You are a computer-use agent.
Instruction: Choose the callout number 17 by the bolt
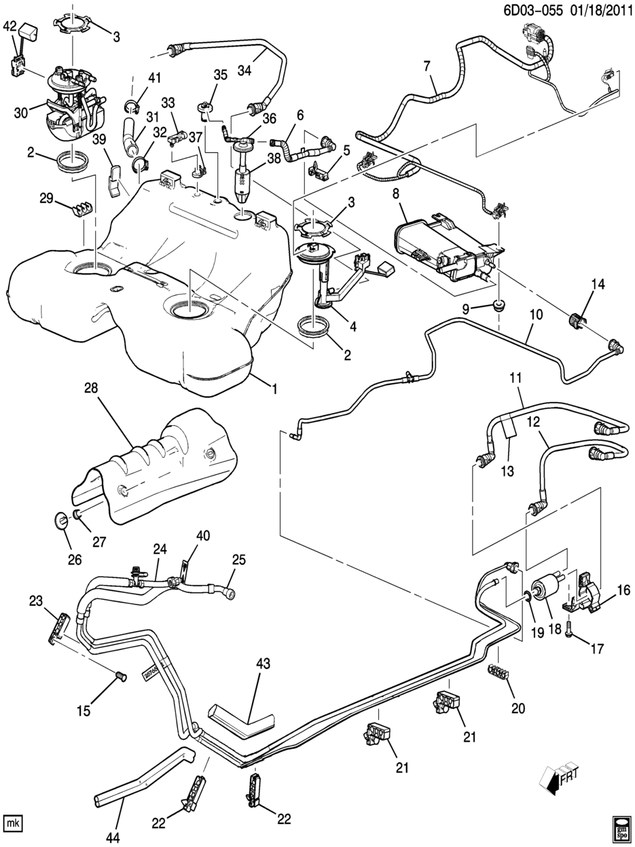pyautogui.click(x=598, y=650)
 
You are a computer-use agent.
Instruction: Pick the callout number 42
pyautogui.click(x=10, y=26)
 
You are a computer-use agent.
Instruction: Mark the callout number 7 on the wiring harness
pyautogui.click(x=427, y=66)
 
